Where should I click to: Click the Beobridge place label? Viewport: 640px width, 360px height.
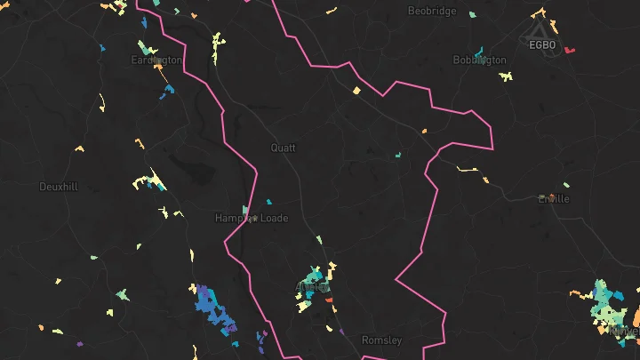(432, 11)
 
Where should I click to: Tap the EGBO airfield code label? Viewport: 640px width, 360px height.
(541, 44)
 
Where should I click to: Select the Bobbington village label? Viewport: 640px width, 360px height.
(479, 60)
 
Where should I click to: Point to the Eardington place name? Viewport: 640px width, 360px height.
(156, 60)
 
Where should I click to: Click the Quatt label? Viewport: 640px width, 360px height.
(284, 148)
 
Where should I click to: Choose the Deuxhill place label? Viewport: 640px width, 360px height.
(59, 187)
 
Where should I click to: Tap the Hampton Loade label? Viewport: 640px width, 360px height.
(252, 218)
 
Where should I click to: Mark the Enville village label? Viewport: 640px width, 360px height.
(554, 198)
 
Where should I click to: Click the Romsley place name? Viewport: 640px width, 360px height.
(381, 340)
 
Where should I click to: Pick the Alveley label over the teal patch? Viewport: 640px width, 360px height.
(311, 285)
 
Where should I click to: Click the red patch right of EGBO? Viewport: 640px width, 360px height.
(570, 50)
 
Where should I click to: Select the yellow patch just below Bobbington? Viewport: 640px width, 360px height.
(506, 76)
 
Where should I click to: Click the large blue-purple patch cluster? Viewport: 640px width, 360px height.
(216, 310)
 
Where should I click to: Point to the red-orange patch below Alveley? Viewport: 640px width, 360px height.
(329, 300)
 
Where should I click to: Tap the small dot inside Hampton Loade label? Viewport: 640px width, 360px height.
(254, 218)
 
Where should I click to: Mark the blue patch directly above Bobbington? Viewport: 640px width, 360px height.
(480, 51)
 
